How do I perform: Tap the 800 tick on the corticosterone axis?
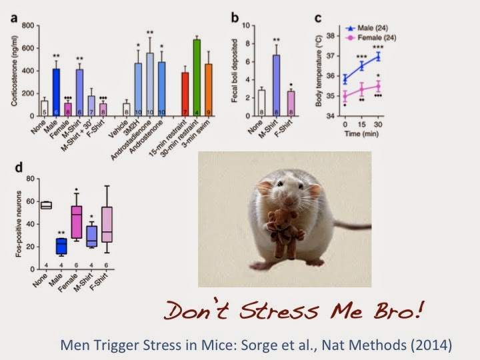pyautogui.click(x=27, y=25)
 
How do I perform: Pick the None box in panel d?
pyautogui.click(x=45, y=205)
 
